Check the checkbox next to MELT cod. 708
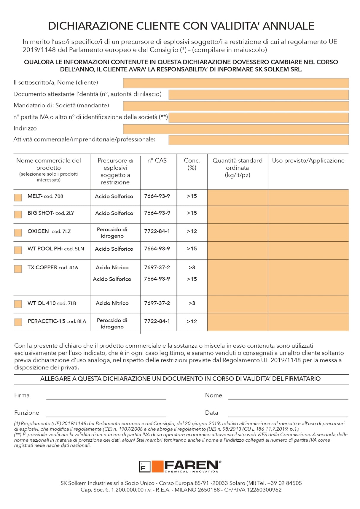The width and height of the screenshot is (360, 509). tap(18, 198)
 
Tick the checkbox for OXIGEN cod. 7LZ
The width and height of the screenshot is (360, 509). tap(18, 233)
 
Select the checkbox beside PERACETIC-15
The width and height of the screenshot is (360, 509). tap(18, 322)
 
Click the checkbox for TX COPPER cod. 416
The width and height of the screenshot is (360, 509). tap(18, 269)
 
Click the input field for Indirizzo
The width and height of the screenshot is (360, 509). tap(236, 129)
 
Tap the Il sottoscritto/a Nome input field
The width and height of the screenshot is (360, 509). tap(236, 83)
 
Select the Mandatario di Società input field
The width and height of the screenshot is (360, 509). tap(236, 106)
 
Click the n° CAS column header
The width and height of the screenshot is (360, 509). tap(157, 160)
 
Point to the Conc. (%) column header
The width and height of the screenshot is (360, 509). tap(192, 164)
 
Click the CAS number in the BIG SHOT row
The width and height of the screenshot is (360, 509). tap(157, 213)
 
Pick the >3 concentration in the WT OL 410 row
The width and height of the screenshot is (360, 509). tap(192, 303)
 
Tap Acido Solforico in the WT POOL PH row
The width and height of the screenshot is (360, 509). tap(114, 249)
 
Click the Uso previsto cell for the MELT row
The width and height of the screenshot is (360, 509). tap(308, 198)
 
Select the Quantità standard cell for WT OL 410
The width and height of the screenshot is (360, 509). tap(238, 304)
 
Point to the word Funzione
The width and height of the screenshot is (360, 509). tap(27, 413)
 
